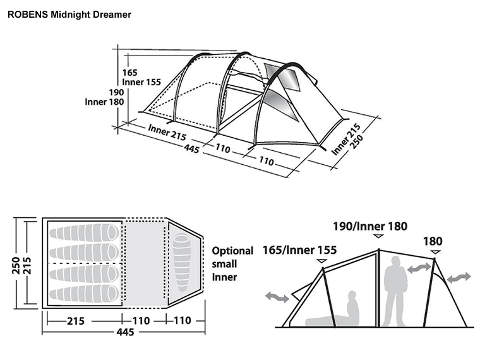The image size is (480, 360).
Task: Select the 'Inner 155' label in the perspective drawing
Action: point(141,82)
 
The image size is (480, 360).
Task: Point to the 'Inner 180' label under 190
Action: point(105,102)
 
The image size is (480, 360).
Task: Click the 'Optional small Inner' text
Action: point(232,263)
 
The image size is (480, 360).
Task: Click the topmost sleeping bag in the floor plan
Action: point(85,232)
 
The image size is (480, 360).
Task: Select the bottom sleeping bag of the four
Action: point(85,293)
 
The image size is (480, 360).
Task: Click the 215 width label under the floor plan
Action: point(76,320)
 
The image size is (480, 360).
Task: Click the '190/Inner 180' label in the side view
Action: point(371,226)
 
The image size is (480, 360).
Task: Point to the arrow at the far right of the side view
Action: point(459,278)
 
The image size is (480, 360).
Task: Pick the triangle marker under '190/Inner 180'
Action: point(378,236)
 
